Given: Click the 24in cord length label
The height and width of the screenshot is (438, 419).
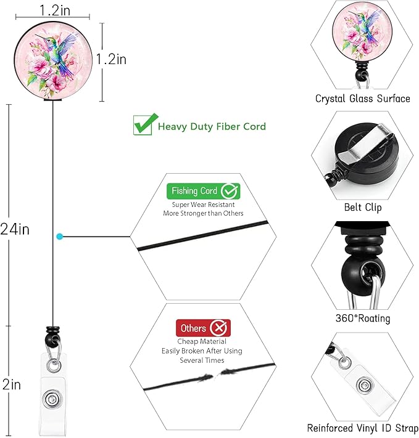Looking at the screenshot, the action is [x=15, y=229].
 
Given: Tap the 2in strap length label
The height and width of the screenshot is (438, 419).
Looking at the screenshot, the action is [x=12, y=384].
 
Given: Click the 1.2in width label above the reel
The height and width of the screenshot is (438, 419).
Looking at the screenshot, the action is [x=55, y=10].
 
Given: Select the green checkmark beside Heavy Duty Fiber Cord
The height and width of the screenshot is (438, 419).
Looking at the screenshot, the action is [x=145, y=124].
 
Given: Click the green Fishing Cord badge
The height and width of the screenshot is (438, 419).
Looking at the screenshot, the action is [x=203, y=191].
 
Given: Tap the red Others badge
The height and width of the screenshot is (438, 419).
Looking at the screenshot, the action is [x=203, y=328].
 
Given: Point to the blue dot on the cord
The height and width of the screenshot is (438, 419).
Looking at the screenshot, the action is [x=59, y=237].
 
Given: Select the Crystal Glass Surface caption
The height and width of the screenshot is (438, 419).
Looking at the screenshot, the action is [x=362, y=99].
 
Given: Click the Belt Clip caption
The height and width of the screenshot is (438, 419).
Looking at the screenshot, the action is [x=363, y=207].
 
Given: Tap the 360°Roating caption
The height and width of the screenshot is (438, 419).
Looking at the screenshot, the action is [x=363, y=318].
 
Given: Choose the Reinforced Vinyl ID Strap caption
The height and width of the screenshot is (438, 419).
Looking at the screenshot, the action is [x=363, y=428].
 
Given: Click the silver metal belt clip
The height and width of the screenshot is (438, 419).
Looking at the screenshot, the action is [x=364, y=145].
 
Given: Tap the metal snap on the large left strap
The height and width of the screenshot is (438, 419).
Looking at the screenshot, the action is [x=51, y=399].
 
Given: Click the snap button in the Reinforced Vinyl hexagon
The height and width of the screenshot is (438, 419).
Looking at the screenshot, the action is [x=365, y=386].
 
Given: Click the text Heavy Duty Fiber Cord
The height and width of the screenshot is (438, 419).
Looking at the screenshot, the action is [x=212, y=126].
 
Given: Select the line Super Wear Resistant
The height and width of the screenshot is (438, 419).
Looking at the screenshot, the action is [x=203, y=205].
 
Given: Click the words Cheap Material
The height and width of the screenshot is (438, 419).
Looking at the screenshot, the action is [x=202, y=341].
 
